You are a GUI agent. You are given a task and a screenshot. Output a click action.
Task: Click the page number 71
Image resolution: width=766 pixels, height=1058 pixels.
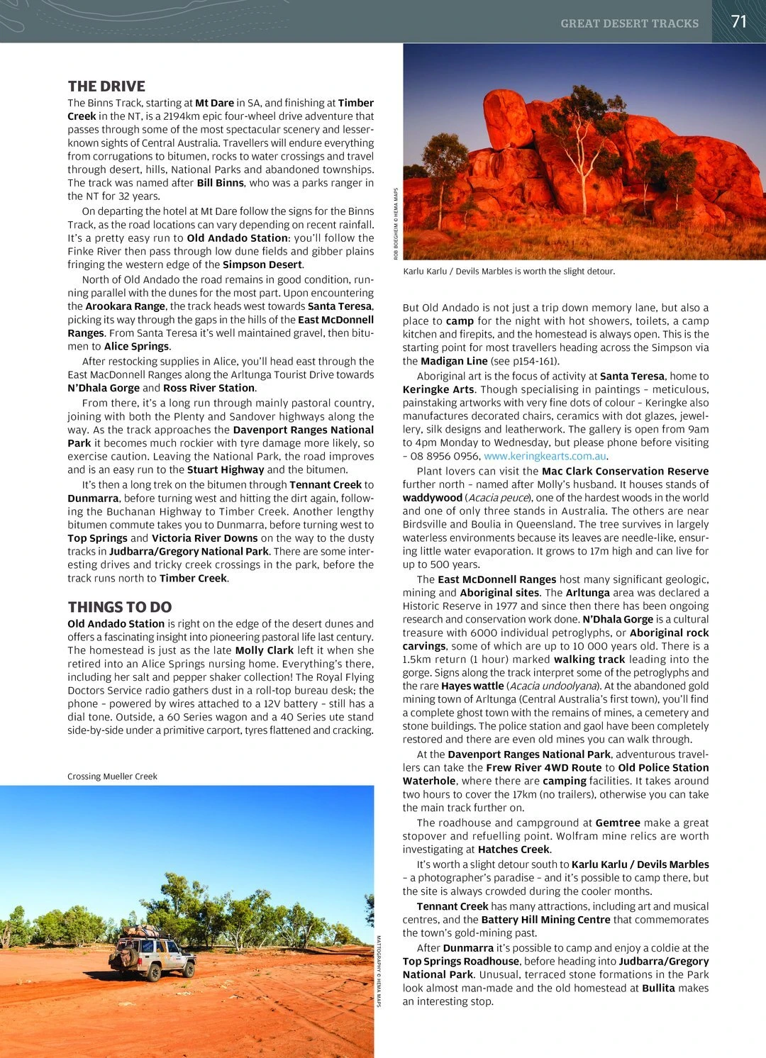pos(739,21)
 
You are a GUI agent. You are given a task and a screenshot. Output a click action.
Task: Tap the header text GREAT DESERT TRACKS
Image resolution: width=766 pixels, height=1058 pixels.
pos(629,23)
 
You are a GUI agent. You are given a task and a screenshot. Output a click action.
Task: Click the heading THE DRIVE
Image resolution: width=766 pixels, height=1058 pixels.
pos(106,87)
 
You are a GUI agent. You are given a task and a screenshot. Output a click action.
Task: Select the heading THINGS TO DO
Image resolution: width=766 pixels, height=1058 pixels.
pos(120,607)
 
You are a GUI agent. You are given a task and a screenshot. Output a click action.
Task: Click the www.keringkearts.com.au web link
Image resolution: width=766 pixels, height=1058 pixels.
pos(545,456)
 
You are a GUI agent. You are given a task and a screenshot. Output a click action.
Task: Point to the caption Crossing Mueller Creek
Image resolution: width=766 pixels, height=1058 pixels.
pos(112,776)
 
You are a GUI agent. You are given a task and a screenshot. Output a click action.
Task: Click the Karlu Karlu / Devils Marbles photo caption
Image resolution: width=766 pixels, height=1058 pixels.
pos(509,272)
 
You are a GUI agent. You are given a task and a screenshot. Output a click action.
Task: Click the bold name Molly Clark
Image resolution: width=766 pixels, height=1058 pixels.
pos(264,650)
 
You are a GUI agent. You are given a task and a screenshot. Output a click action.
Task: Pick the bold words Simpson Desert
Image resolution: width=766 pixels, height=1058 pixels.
pos(263,264)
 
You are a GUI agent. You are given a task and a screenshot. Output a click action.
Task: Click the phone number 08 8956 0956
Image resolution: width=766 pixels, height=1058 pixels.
pos(445,456)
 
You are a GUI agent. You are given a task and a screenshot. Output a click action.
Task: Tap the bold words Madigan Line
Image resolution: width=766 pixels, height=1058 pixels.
pos(454,361)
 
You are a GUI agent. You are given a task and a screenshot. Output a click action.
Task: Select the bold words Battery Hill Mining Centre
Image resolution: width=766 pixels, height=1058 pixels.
pos(545,920)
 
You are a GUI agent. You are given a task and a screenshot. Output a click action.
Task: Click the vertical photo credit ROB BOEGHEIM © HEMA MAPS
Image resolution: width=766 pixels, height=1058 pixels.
pos(396,223)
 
